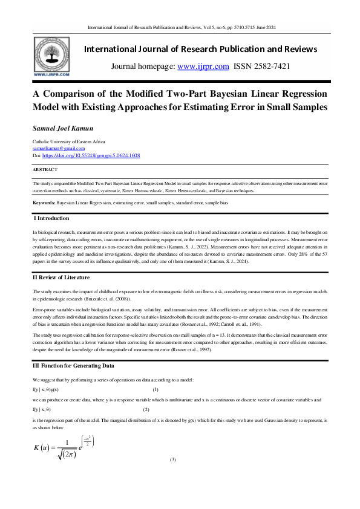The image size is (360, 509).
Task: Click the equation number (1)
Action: point(155,389)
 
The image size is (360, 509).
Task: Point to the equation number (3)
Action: point(172,460)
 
